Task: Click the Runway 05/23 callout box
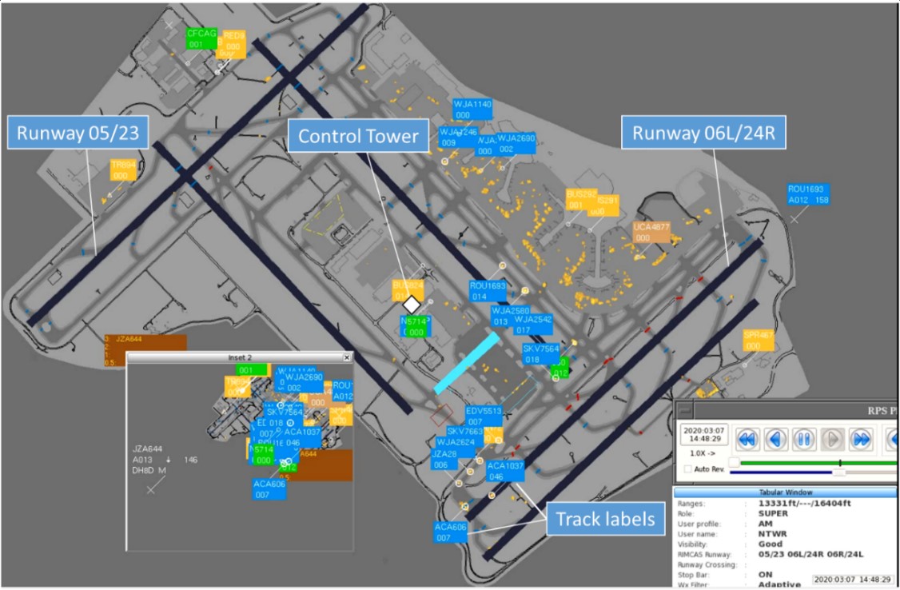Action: click(78, 134)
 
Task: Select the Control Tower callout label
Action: click(359, 137)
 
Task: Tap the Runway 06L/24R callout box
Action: click(703, 133)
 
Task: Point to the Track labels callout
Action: click(605, 520)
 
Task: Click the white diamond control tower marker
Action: click(412, 305)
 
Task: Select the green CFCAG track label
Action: click(201, 38)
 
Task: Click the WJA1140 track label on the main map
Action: click(472, 109)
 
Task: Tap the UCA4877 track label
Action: click(652, 232)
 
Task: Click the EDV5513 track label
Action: click(484, 416)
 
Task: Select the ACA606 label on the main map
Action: click(451, 532)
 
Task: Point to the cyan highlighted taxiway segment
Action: click(468, 363)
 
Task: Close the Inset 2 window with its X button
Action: click(347, 357)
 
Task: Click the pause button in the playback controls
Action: click(803, 438)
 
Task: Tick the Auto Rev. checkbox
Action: click(688, 469)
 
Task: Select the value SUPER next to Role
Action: click(773, 513)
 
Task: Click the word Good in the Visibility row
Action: click(770, 544)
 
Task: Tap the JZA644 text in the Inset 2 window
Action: click(147, 449)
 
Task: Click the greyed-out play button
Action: click(832, 438)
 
